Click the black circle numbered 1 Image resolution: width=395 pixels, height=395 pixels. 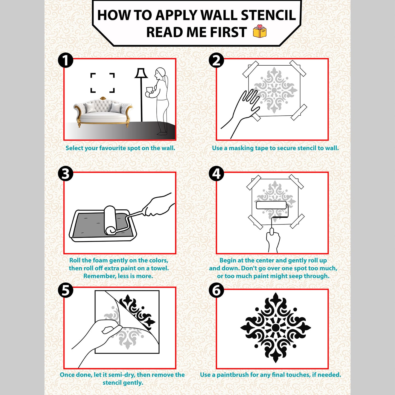(x=66, y=60)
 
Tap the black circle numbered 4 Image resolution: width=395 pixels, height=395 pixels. (x=216, y=174)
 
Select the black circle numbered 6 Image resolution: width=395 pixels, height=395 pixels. (x=216, y=290)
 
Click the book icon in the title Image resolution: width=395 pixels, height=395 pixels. (x=259, y=31)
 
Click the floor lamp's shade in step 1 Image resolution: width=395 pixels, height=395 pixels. (x=141, y=73)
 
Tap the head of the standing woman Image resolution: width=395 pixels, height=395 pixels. (x=160, y=73)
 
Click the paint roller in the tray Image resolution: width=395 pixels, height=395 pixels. (x=110, y=220)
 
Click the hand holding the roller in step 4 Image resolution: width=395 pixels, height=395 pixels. (x=273, y=241)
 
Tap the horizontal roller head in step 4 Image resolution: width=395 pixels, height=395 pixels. (x=271, y=205)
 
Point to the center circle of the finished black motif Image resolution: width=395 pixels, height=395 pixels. (x=276, y=327)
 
